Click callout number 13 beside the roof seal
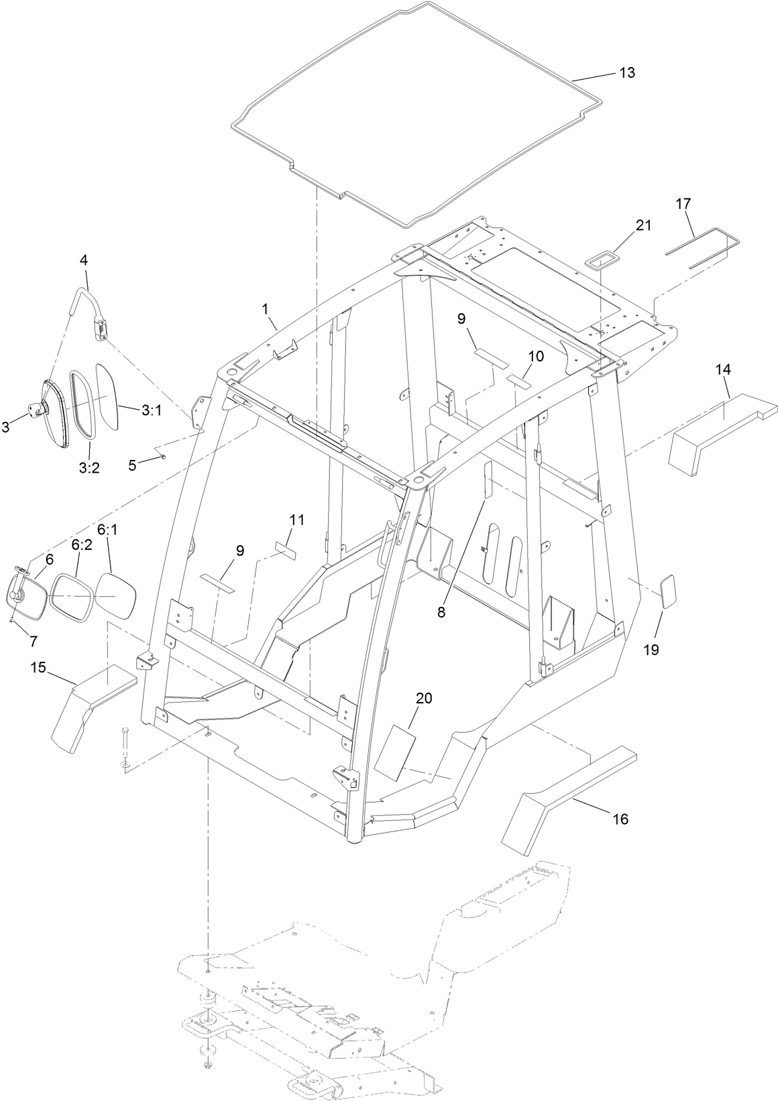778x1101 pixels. pyautogui.click(x=626, y=73)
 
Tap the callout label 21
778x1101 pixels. pyautogui.click(x=643, y=225)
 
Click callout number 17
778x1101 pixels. pyautogui.click(x=683, y=203)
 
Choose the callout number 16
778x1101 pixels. pyautogui.click(x=620, y=819)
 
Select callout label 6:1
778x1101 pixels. pyautogui.click(x=107, y=530)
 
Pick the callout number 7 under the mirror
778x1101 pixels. pyautogui.click(x=33, y=641)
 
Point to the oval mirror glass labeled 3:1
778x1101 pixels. pyautogui.click(x=107, y=397)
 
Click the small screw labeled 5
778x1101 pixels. pyautogui.click(x=163, y=457)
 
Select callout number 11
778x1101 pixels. pyautogui.click(x=296, y=519)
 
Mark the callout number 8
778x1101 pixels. pyautogui.click(x=441, y=612)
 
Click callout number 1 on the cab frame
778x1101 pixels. pyautogui.click(x=265, y=309)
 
